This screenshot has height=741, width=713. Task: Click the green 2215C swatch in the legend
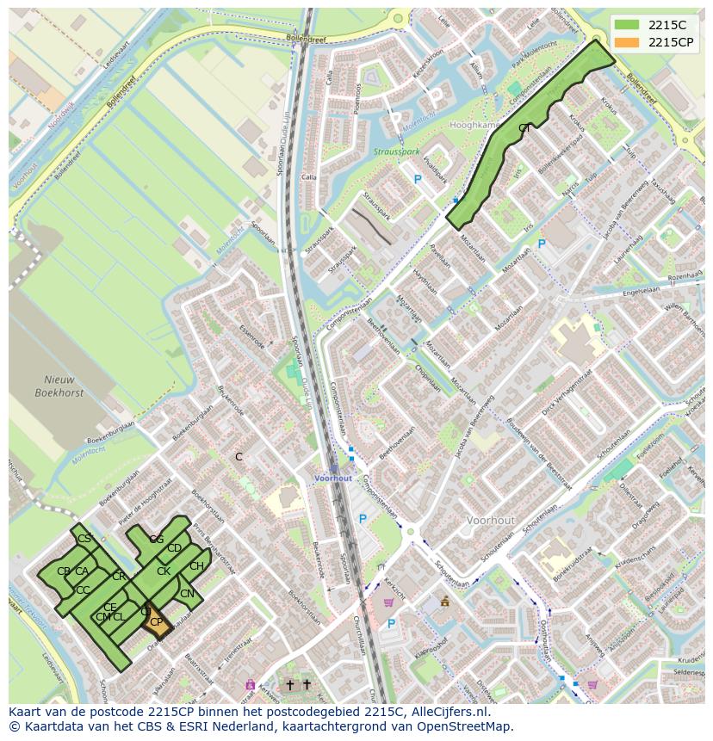pos(628,25)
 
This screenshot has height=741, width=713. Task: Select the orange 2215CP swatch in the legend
pos(628,41)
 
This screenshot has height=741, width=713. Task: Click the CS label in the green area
pos(84,539)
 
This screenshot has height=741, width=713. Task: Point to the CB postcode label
pos(63,571)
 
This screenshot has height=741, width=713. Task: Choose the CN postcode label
pos(187,594)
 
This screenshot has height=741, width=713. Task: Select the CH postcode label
pos(196,566)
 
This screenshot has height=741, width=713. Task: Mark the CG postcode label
pos(156,540)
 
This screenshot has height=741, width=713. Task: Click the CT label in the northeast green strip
pos(524,128)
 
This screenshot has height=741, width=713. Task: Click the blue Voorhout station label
pos(333,478)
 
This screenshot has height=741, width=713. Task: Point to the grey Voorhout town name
pos(491,521)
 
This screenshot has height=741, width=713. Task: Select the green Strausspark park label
pos(396,152)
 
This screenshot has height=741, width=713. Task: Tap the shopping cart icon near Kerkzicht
pos(388,602)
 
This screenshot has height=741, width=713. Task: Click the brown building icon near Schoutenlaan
pos(444,602)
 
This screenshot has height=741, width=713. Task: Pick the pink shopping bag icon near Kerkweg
pos(250,685)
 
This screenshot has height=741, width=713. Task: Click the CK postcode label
pos(163,571)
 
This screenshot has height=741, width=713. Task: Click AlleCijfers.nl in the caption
pos(447,712)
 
